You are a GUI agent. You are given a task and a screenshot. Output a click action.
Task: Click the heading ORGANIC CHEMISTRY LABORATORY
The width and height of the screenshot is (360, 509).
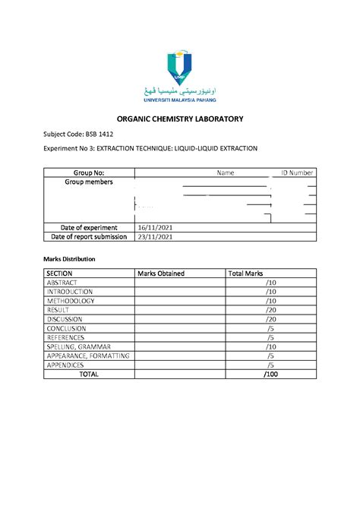(179, 119)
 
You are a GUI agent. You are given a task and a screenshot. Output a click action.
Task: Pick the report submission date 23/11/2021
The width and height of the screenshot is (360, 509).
(155, 236)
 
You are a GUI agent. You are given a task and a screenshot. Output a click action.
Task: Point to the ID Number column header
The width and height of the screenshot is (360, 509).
(298, 173)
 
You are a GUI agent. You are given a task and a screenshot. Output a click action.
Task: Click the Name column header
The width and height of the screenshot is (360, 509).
(226, 173)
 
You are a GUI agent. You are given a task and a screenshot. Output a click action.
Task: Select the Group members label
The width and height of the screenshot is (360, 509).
(89, 182)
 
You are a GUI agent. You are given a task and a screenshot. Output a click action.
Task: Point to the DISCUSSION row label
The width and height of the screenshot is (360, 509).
(69, 319)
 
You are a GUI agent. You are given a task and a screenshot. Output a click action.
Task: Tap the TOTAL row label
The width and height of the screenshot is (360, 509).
(89, 375)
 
